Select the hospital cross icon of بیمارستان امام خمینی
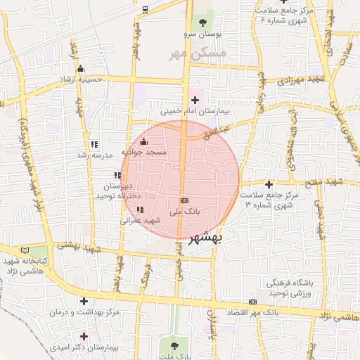coord(195,101)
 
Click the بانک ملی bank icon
coord(184,201)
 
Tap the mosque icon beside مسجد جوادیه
coord(144,142)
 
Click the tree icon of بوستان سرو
coord(204,23)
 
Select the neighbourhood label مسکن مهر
coord(198,53)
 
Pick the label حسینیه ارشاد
coord(81,79)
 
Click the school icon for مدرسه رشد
coord(94,144)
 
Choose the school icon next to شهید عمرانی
coord(140,210)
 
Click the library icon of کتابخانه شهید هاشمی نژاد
coord(26,250)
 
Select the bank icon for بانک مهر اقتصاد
coord(252,302)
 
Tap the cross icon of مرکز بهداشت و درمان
coord(84,301)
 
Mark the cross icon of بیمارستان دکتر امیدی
coord(84,336)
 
